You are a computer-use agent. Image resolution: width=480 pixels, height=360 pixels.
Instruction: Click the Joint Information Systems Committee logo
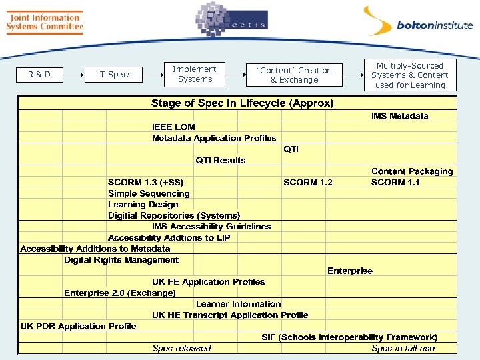click(44, 22)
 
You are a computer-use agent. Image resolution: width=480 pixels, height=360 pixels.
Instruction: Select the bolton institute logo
click(418, 23)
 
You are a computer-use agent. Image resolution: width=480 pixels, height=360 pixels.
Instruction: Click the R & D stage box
click(39, 75)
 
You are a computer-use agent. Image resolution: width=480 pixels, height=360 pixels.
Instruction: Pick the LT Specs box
click(114, 75)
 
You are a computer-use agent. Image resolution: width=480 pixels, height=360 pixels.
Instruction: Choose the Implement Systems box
click(195, 74)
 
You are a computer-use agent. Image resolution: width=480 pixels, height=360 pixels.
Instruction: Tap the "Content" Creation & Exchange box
click(295, 75)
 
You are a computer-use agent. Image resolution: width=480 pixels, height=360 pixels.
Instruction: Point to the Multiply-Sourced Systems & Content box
click(409, 75)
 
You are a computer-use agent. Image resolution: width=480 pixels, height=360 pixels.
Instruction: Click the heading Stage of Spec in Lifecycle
click(243, 103)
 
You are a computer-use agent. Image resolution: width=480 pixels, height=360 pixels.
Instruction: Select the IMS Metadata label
click(400, 116)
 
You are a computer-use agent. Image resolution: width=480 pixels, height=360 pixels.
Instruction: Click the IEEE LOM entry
click(173, 127)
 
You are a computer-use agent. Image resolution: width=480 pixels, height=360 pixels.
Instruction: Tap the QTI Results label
click(220, 160)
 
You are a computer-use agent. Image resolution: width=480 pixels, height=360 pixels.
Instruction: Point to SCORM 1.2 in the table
click(307, 182)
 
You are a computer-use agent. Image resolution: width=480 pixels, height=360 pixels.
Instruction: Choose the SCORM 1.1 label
click(395, 182)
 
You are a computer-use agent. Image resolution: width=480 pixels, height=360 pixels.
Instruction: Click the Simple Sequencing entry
click(149, 193)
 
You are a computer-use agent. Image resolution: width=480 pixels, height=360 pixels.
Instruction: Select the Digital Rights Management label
click(121, 260)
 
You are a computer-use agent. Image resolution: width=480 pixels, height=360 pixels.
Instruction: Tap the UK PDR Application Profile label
click(78, 326)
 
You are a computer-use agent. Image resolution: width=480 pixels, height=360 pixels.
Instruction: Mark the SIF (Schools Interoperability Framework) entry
click(349, 337)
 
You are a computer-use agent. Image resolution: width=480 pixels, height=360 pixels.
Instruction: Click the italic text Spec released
click(181, 348)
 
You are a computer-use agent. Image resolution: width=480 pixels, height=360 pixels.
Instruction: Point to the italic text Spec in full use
click(403, 348)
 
